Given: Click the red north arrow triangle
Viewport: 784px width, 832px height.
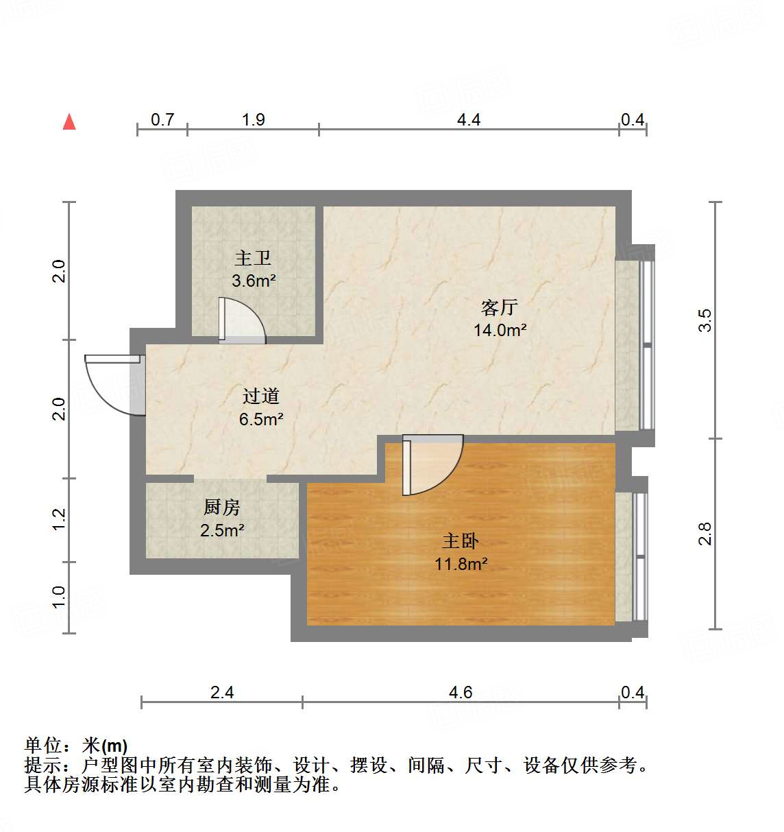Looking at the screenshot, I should point(69,121).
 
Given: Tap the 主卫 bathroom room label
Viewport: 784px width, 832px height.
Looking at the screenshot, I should point(253,258).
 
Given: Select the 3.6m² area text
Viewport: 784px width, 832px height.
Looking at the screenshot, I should point(254,281).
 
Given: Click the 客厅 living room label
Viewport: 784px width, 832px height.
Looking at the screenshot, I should point(499,307).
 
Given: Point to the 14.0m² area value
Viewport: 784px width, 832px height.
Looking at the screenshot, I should point(500,330).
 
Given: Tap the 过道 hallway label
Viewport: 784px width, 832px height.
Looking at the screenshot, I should point(261,396).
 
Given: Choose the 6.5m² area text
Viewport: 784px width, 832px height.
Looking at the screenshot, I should point(261,419).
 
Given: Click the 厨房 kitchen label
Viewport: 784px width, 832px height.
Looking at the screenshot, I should point(222,507).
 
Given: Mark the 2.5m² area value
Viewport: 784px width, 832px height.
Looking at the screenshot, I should point(222,530).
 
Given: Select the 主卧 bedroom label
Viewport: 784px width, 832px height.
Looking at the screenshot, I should point(461,540).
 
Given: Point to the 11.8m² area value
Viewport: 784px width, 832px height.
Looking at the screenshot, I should point(461,564).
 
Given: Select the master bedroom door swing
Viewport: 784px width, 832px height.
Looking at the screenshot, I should point(432,464).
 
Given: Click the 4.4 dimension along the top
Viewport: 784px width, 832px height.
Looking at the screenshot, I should point(469,119).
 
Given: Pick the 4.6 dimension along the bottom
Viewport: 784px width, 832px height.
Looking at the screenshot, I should point(461,692).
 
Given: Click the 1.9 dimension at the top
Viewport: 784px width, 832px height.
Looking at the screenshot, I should point(253,119).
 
